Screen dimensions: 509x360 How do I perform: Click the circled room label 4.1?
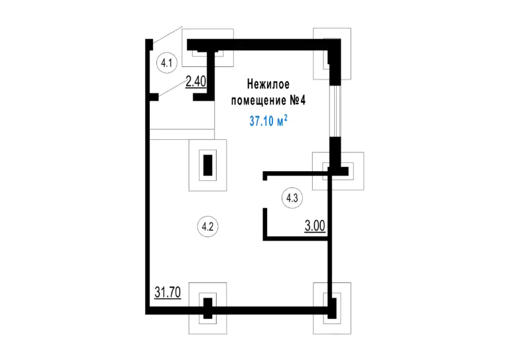(167, 62)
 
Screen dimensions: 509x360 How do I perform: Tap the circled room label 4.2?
(207, 227)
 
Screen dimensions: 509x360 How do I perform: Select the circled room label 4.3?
(292, 198)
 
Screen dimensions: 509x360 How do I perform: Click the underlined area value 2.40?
(196, 82)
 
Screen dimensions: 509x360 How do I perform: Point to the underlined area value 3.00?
(315, 225)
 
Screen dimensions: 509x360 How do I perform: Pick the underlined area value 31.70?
(168, 292)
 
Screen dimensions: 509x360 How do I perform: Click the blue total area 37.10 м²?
(268, 121)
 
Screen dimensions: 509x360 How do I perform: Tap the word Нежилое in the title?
(268, 84)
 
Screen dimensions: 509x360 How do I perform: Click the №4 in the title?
(298, 100)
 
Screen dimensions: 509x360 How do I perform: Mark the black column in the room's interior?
(207, 165)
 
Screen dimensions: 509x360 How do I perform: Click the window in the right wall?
(335, 111)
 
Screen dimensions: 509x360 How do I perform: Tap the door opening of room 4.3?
(265, 194)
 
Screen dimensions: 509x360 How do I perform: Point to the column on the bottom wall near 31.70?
(207, 308)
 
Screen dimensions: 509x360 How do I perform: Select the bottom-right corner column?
(332, 308)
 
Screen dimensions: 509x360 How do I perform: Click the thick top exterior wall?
(264, 45)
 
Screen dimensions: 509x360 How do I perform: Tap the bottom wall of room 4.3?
(295, 239)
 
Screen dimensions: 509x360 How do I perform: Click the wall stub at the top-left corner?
(149, 44)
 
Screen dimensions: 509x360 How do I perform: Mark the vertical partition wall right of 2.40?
(210, 76)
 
